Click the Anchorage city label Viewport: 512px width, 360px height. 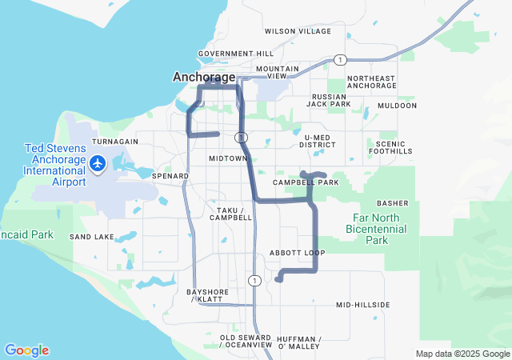(x=205, y=78)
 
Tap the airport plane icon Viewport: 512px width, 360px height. (x=98, y=163)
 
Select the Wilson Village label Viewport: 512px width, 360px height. (x=298, y=31)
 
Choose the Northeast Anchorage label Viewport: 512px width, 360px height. (x=372, y=82)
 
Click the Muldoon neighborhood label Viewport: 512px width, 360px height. (x=397, y=106)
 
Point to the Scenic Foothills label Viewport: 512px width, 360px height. (x=389, y=147)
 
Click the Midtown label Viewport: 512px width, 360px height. (x=228, y=158)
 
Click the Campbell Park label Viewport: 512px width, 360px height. (x=306, y=182)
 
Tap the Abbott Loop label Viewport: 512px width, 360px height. (x=297, y=253)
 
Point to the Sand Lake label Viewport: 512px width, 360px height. (x=91, y=238)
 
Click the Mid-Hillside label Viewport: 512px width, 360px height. (x=362, y=305)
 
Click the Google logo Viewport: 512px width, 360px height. (x=26, y=350)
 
